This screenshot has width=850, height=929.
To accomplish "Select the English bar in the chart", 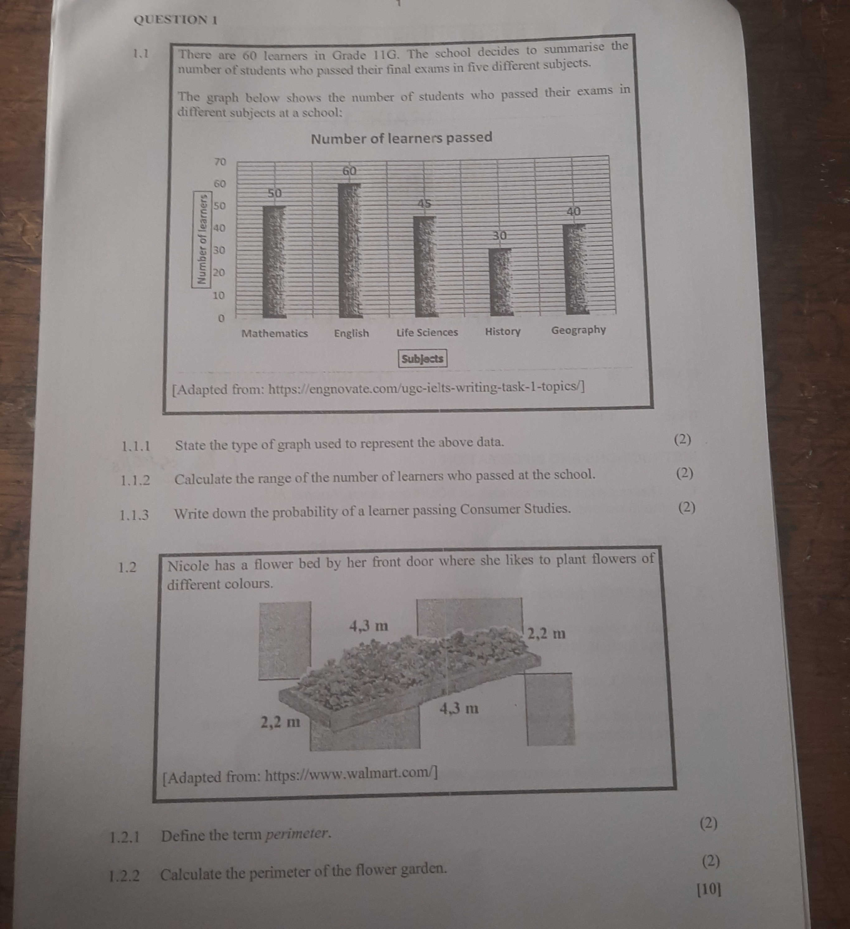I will [x=351, y=251].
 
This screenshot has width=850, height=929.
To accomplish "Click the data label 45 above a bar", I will [x=425, y=203].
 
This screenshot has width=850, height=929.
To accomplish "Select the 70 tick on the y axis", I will [x=220, y=162].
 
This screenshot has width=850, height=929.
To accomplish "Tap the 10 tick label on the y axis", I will [x=219, y=295].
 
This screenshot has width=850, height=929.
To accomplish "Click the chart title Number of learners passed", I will [x=402, y=138].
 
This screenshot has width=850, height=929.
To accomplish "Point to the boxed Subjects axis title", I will [x=423, y=359].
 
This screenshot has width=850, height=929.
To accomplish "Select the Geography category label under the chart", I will [x=578, y=330].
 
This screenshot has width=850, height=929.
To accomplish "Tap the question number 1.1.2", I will [x=135, y=481].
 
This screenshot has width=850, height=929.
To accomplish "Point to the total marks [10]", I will [x=709, y=890].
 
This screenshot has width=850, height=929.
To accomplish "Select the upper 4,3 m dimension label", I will [x=369, y=626].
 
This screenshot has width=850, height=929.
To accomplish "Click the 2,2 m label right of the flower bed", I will [x=546, y=634].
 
